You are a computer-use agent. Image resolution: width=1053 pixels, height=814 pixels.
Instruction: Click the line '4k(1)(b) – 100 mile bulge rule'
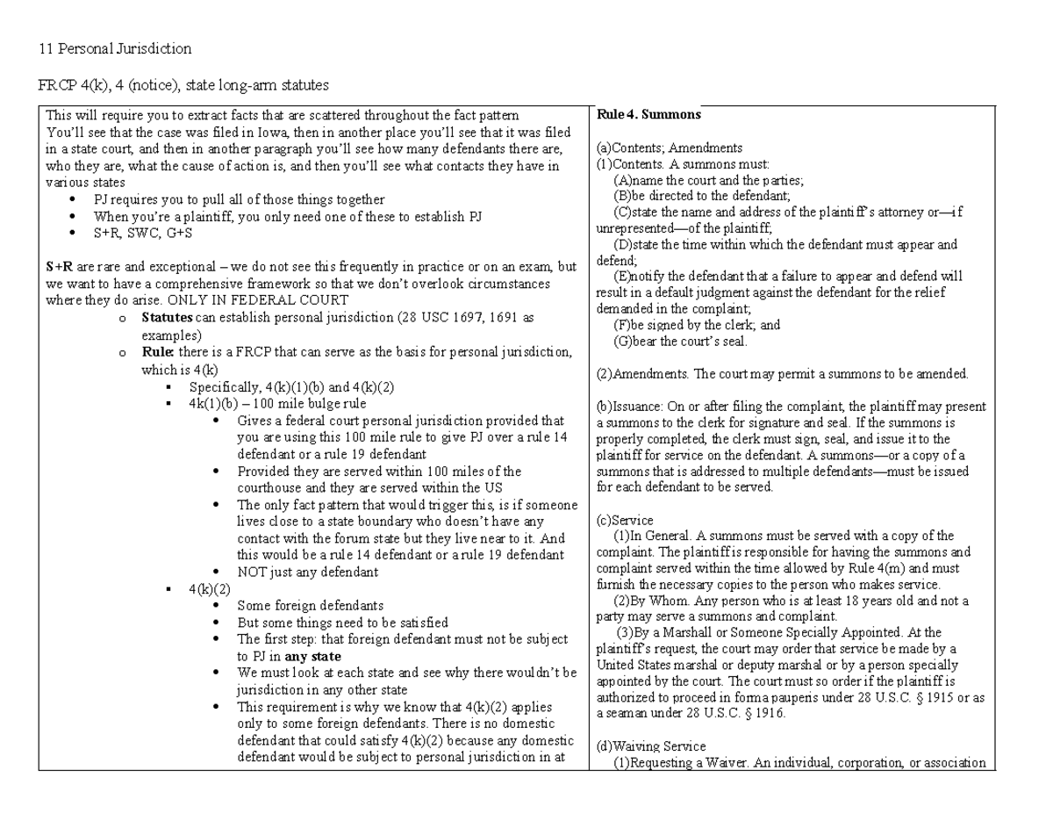click(277, 404)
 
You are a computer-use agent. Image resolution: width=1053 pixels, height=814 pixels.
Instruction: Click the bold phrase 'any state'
click(313, 655)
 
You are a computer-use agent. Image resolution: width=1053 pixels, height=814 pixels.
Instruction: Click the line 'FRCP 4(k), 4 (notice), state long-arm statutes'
click(187, 85)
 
